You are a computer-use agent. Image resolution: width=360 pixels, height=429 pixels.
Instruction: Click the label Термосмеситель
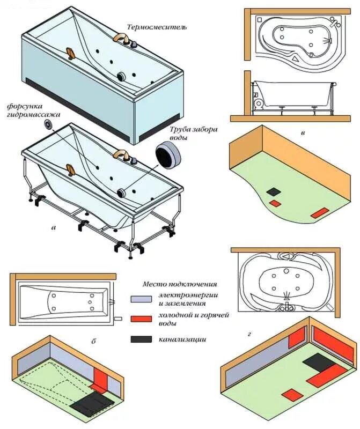pyautogui.click(x=157, y=27)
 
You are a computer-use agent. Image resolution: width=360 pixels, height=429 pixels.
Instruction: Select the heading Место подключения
pyautogui.click(x=180, y=284)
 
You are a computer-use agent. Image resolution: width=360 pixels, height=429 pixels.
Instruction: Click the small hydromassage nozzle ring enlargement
pyautogui.click(x=49, y=125)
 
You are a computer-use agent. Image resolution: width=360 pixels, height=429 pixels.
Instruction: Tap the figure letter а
pyautogui.click(x=53, y=227)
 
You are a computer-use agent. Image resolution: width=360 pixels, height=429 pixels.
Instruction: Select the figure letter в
pyautogui.click(x=303, y=132)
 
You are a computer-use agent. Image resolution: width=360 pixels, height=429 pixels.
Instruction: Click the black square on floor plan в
pyautogui.click(x=274, y=191)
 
